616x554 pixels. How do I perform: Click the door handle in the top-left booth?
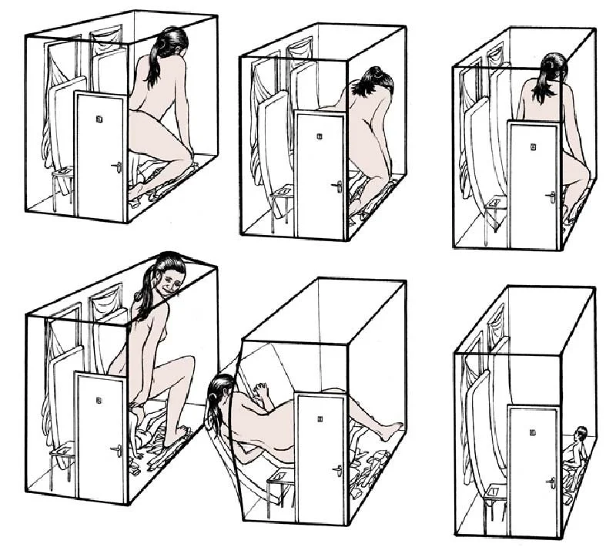117,166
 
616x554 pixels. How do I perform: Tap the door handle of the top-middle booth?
337,186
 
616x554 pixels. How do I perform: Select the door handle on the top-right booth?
551,196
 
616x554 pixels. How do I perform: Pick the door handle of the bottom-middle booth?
337,469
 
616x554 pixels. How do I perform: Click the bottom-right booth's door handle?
551,482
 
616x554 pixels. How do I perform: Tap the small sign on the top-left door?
99,119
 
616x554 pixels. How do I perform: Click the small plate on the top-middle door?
319,137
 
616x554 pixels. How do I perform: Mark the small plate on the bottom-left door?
99,400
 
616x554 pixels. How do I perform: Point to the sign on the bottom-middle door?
319,419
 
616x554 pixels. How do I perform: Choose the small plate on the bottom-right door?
533,432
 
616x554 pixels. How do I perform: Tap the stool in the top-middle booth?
282,199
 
